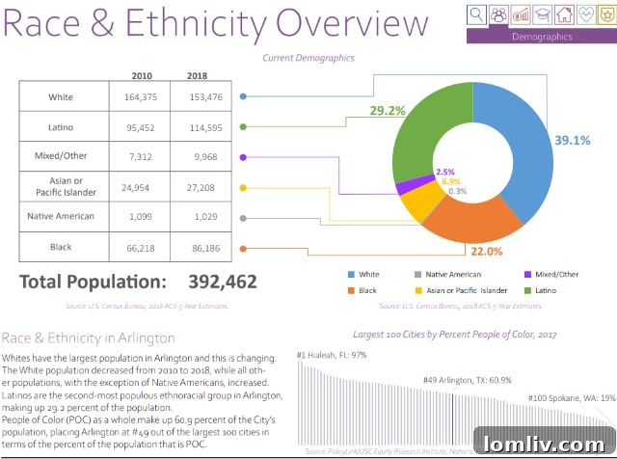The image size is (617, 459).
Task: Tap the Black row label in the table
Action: (x=61, y=248)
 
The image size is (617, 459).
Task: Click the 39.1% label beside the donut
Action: (x=572, y=140)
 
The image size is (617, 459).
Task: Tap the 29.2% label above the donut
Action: (x=387, y=111)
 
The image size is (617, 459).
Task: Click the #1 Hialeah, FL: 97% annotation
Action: (x=335, y=355)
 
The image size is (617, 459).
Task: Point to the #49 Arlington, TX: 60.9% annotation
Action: (x=463, y=381)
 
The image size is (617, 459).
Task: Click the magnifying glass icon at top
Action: (x=476, y=13)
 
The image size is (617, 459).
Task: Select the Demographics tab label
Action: (x=542, y=37)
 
